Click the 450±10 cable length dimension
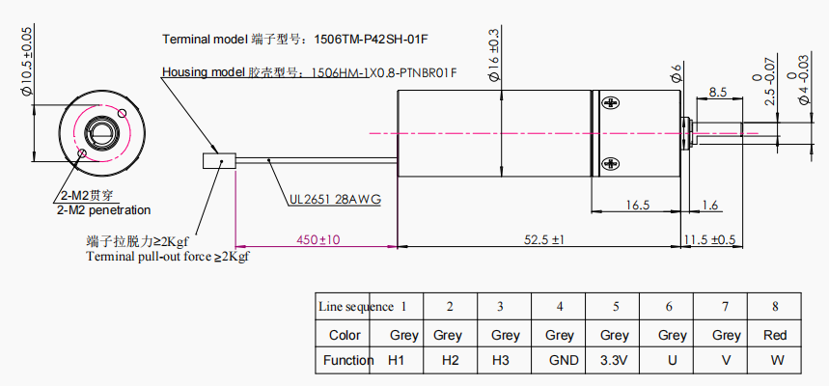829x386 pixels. (x=318, y=239)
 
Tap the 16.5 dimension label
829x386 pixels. (x=637, y=206)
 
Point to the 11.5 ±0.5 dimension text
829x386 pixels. (x=709, y=239)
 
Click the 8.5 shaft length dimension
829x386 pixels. (x=717, y=92)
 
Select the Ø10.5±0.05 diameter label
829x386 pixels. (x=27, y=62)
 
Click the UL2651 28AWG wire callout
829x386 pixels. (x=335, y=200)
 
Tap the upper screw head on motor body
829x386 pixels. (x=611, y=102)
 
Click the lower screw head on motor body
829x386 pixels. (x=611, y=164)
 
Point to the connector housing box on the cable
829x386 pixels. (x=219, y=161)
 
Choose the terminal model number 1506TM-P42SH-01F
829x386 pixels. (x=370, y=40)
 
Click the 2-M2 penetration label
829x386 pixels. (x=103, y=210)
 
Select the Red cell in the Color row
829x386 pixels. (x=775, y=335)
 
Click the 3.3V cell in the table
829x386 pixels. (x=614, y=361)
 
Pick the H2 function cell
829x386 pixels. (x=451, y=361)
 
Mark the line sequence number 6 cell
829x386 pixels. (x=669, y=307)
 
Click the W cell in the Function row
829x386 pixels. (x=777, y=361)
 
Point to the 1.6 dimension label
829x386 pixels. (x=710, y=206)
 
